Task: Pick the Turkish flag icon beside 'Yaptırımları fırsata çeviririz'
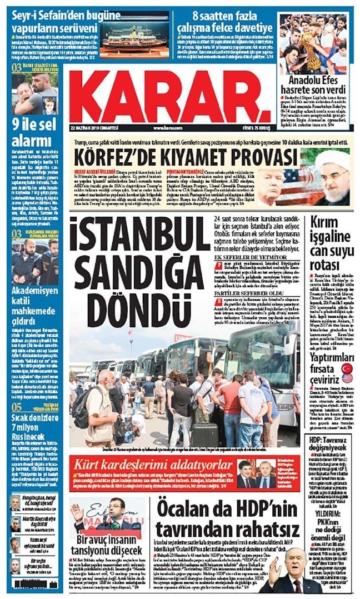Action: click(347, 368)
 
